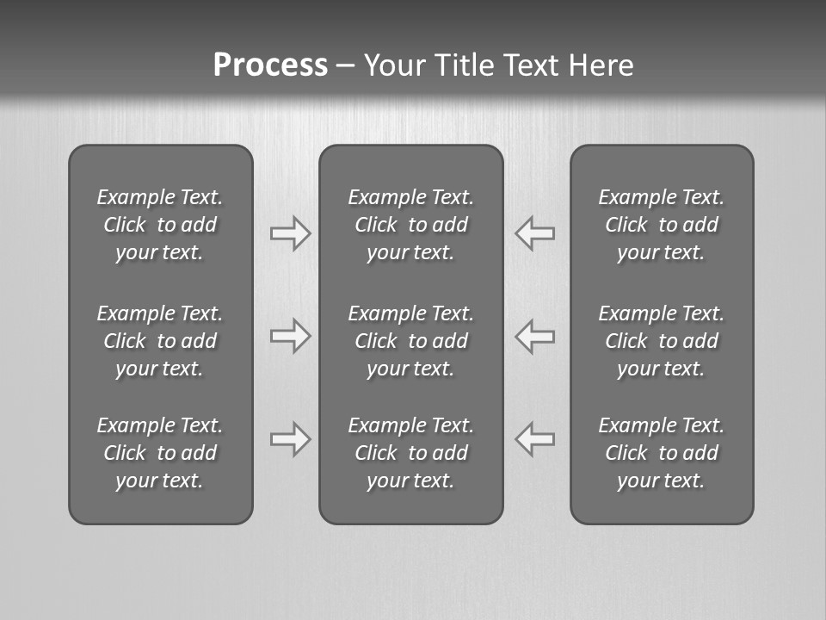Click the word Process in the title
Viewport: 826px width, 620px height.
(x=270, y=65)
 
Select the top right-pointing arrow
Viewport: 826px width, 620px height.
(x=290, y=232)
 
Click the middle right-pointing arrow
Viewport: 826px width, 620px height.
(x=290, y=336)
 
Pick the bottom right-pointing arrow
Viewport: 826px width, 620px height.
(x=290, y=439)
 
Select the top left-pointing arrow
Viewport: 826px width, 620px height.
(x=535, y=232)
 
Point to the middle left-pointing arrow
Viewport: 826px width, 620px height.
(x=535, y=336)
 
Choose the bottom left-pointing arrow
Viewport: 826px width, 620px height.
(x=535, y=439)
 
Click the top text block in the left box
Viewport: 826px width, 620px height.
(x=160, y=225)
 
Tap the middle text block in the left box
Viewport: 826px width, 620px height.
(x=160, y=341)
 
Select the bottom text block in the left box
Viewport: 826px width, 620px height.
(x=160, y=453)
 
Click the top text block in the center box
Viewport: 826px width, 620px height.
(x=410, y=225)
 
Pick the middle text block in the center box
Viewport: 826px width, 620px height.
(x=410, y=341)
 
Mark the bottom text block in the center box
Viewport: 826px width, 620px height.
(x=410, y=453)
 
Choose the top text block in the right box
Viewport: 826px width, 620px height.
(x=661, y=225)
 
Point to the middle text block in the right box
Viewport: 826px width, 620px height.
(x=661, y=341)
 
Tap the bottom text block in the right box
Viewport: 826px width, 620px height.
(x=661, y=453)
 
